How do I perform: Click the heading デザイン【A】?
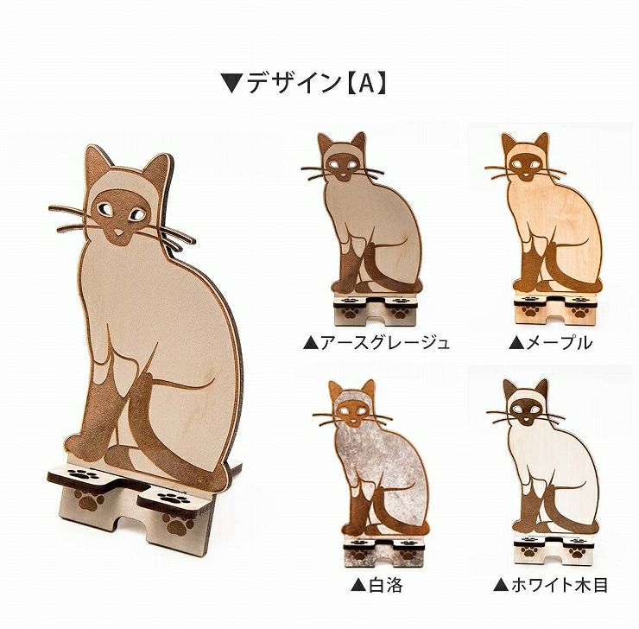[303, 83]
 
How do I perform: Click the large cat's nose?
[118, 232]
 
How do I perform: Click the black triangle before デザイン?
[231, 84]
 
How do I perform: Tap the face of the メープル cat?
[525, 166]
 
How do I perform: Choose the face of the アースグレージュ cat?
[341, 166]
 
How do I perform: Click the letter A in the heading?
[367, 84]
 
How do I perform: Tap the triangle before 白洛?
[358, 586]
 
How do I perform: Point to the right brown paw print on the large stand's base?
[178, 523]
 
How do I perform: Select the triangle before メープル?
[516, 343]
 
